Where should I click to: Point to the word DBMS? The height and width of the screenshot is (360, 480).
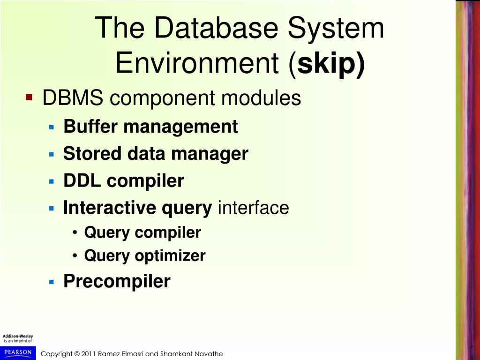click(73, 98)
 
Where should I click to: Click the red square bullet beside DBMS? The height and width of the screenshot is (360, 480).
click(29, 98)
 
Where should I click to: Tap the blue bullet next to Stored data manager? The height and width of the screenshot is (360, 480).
click(52, 154)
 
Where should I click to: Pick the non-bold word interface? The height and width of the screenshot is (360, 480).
click(253, 208)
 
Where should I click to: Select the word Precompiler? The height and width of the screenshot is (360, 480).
click(117, 281)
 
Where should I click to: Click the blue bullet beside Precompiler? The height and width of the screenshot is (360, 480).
click(52, 282)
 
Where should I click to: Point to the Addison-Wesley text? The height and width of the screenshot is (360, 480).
click(18, 336)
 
